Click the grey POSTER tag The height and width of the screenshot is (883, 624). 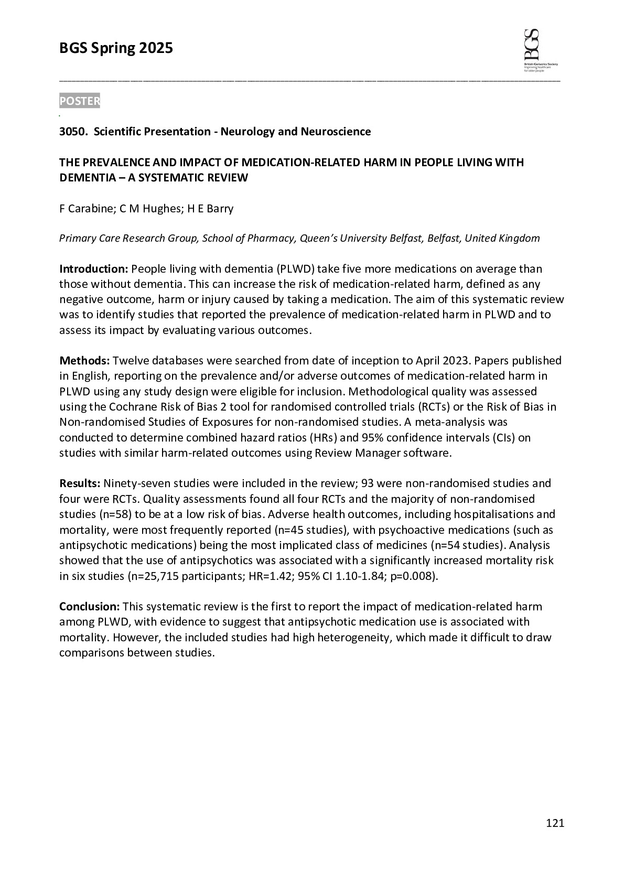click(79, 101)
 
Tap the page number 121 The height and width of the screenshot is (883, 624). click(555, 823)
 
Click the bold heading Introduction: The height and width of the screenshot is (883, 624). click(93, 269)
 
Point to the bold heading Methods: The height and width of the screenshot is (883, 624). click(84, 361)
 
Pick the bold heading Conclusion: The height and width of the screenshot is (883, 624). click(90, 607)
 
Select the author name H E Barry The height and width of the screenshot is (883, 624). click(210, 209)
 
